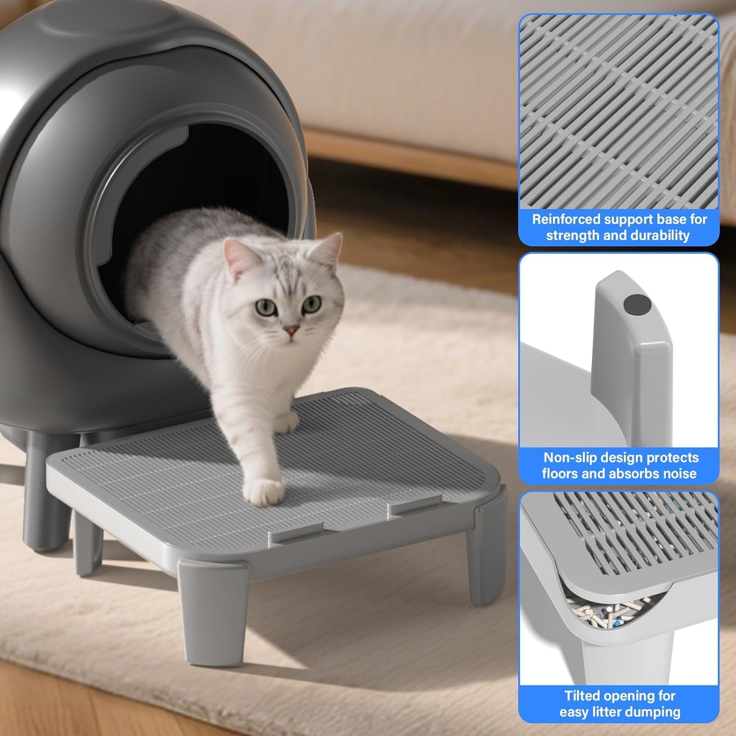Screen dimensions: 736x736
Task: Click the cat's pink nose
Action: (x=291, y=332)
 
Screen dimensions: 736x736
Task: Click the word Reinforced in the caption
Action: (x=566, y=219)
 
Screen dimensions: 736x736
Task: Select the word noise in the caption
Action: (x=678, y=473)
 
